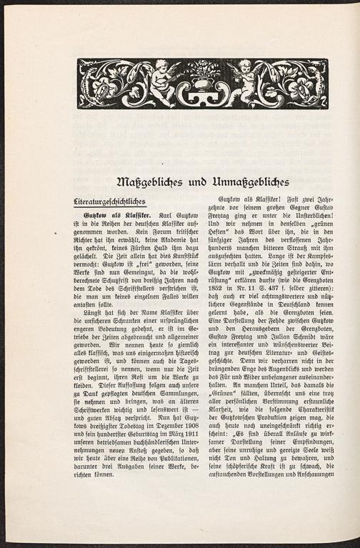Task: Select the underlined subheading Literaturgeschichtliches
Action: (x=119, y=201)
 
